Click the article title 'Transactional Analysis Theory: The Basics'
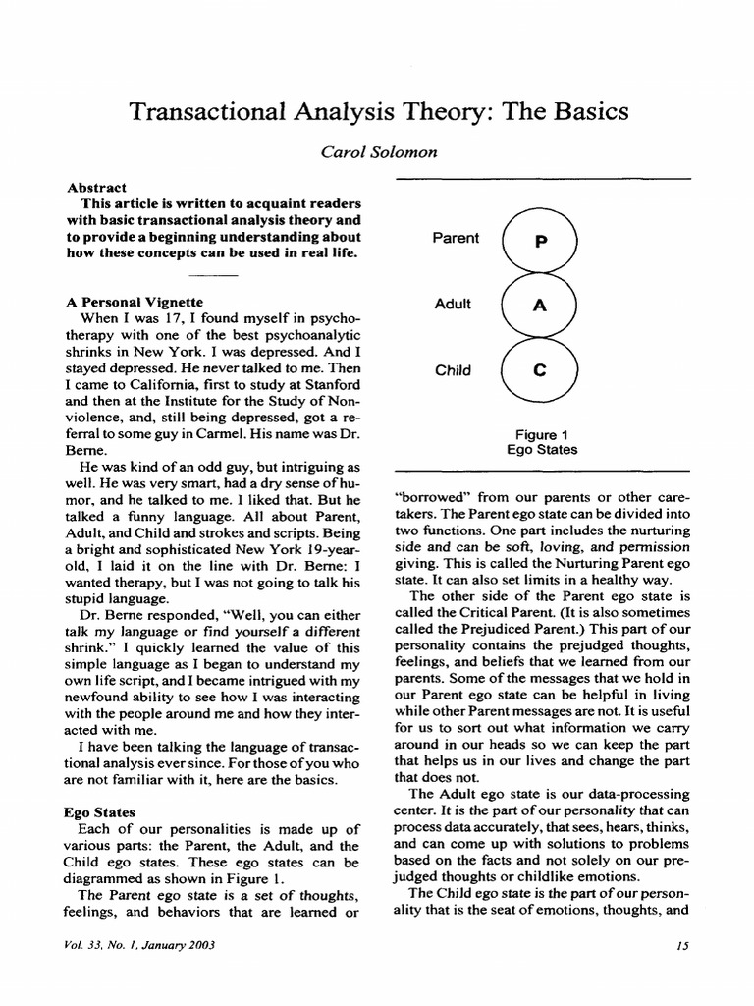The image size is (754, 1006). pyautogui.click(x=378, y=111)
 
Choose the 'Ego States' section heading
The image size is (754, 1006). pyautogui.click(x=100, y=812)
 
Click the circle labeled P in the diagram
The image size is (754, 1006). pyautogui.click(x=540, y=242)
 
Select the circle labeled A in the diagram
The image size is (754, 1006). pyautogui.click(x=540, y=306)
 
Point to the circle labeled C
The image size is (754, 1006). pyautogui.click(x=540, y=370)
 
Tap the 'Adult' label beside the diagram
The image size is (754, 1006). pyautogui.click(x=453, y=304)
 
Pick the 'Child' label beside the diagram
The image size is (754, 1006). pyautogui.click(x=453, y=370)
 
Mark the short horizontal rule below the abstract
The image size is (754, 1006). pyautogui.click(x=213, y=275)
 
